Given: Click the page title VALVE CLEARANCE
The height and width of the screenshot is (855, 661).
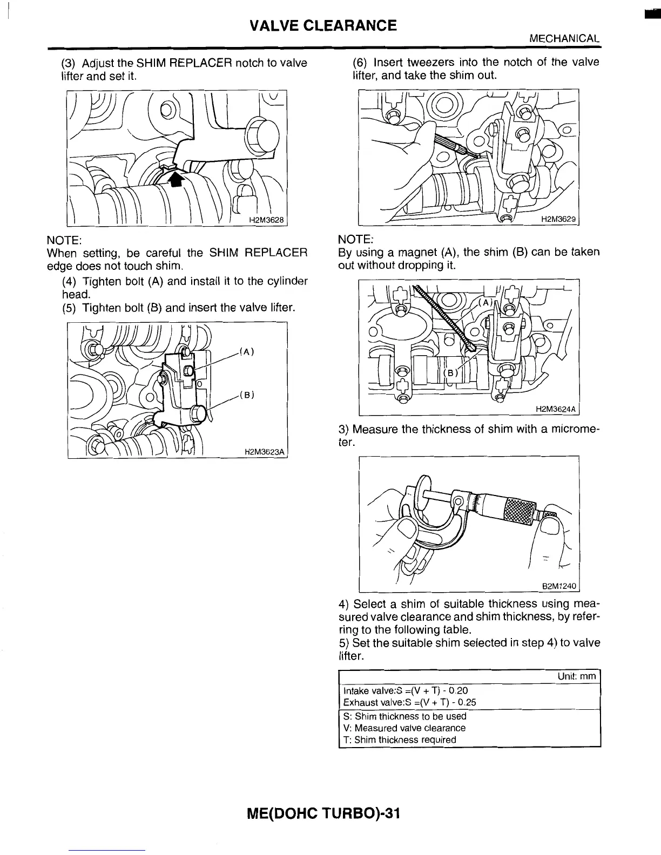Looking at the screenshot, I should coord(323,25).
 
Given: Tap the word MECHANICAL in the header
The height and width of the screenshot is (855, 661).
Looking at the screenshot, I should coord(564,39).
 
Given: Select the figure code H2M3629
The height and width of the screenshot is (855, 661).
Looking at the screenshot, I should coord(559,219).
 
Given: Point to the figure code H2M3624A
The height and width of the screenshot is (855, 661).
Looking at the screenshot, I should coord(556,409).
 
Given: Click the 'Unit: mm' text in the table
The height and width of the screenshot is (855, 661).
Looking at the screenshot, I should coord(577,676).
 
